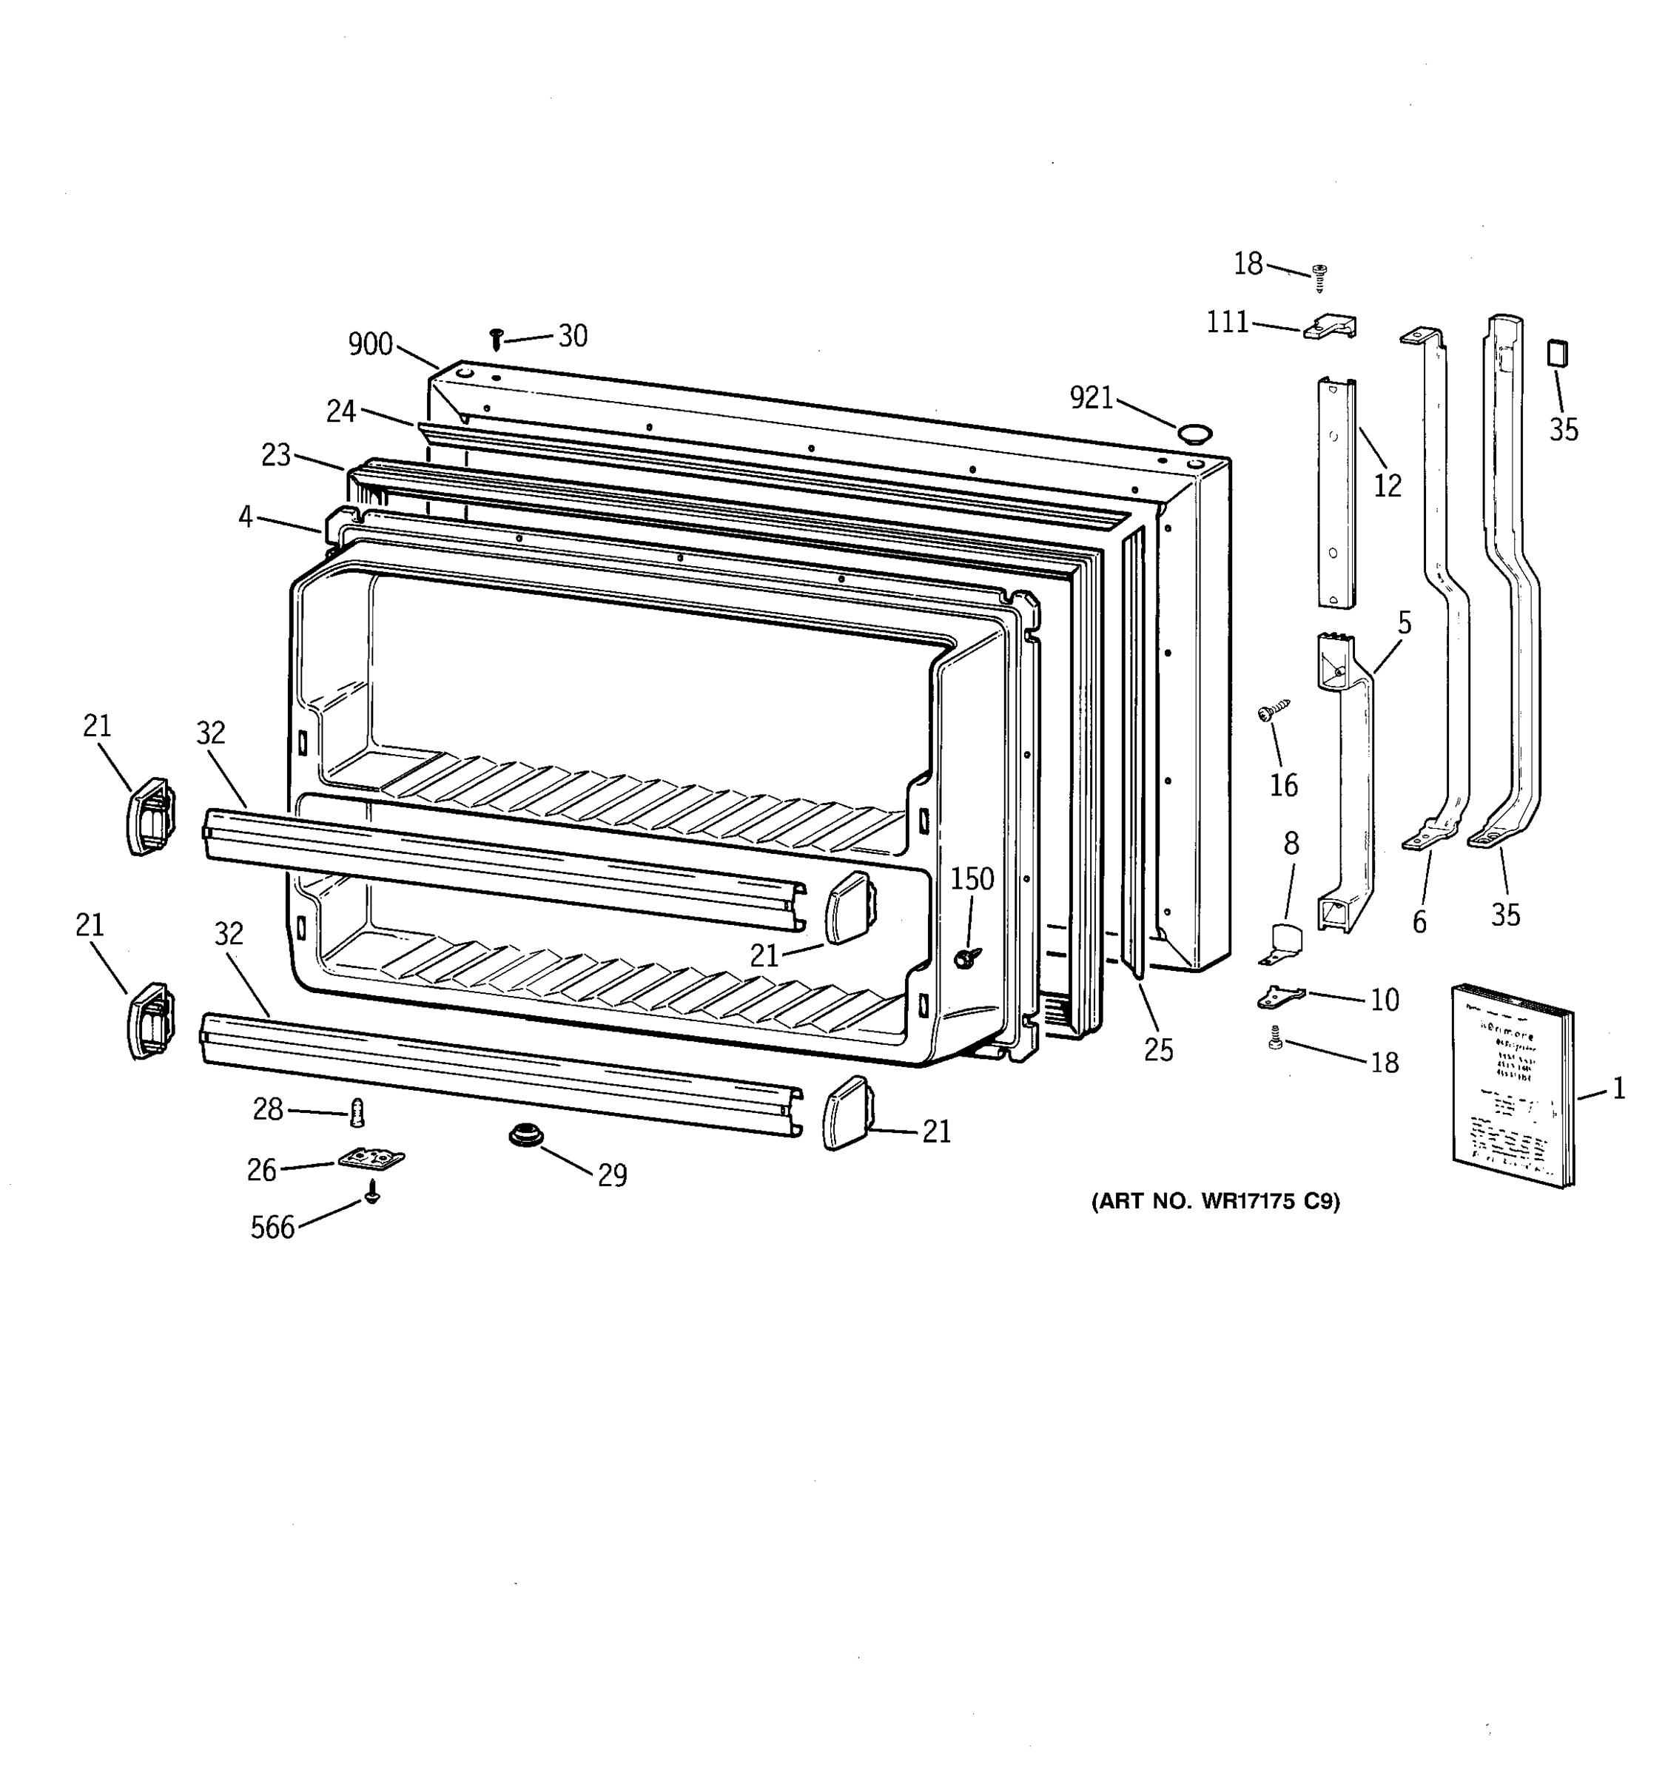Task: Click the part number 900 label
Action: pos(370,344)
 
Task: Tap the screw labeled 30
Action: pos(497,339)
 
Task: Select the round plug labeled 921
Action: pos(1194,435)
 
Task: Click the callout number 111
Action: pos(1228,323)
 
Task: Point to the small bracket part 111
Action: pos(1330,327)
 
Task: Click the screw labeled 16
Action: pos(1273,712)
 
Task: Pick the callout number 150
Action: pos(972,879)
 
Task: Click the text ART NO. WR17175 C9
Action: pos(1216,1202)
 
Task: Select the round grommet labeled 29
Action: pos(527,1137)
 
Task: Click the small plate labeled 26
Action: pos(371,1159)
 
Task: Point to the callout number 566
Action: pos(272,1228)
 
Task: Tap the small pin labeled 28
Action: pos(358,1113)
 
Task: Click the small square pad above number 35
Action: pos(1557,353)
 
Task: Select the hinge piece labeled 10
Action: pos(1280,996)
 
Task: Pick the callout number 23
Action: pos(276,456)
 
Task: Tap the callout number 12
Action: pos(1387,486)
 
